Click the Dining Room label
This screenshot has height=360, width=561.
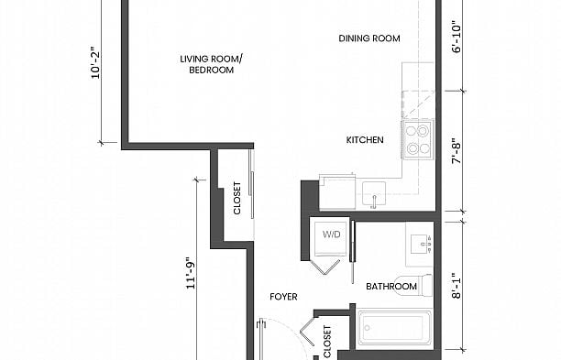pyautogui.click(x=369, y=38)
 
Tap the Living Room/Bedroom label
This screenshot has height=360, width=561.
pyautogui.click(x=212, y=64)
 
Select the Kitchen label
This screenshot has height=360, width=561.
pyautogui.click(x=364, y=140)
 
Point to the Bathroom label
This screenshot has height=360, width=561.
pyautogui.click(x=391, y=287)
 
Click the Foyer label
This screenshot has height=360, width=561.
pyautogui.click(x=283, y=297)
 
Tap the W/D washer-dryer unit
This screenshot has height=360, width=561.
pyautogui.click(x=330, y=236)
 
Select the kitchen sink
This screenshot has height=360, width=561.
pyautogui.click(x=374, y=193)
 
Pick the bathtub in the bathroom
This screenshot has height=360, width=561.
pyautogui.click(x=393, y=329)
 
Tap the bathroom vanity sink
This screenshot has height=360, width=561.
pyautogui.click(x=421, y=243)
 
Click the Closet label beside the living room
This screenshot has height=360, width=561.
pyautogui.click(x=237, y=197)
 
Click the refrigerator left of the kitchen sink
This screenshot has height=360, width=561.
pyautogui.click(x=337, y=193)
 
